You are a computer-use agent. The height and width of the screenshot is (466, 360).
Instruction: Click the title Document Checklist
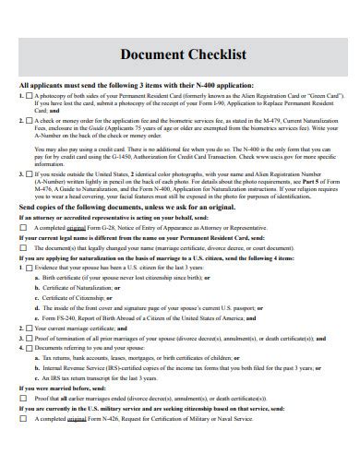click(x=179, y=54)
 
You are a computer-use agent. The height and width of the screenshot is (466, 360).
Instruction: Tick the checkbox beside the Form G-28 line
click(x=25, y=227)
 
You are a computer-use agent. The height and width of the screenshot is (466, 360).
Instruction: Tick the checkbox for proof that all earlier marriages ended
click(x=25, y=399)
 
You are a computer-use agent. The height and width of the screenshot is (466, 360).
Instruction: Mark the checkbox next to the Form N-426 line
click(x=25, y=419)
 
